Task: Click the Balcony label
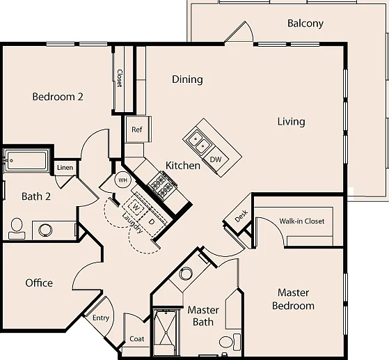[305, 24]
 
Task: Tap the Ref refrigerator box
[137, 130]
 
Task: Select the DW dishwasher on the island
[215, 159]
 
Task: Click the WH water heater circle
[122, 180]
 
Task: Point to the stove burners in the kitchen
[161, 185]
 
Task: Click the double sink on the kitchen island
[200, 142]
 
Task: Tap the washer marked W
[136, 207]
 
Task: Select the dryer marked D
[151, 221]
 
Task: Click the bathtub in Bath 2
[26, 160]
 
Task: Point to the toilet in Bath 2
[17, 228]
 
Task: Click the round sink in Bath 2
[45, 230]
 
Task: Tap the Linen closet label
[65, 168]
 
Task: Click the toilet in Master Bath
[230, 341]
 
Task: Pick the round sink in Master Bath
[186, 274]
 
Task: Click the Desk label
[241, 216]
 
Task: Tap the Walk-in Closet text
[302, 221]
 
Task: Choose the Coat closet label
[136, 339]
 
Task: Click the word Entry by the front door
[101, 318]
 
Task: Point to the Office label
[39, 283]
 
